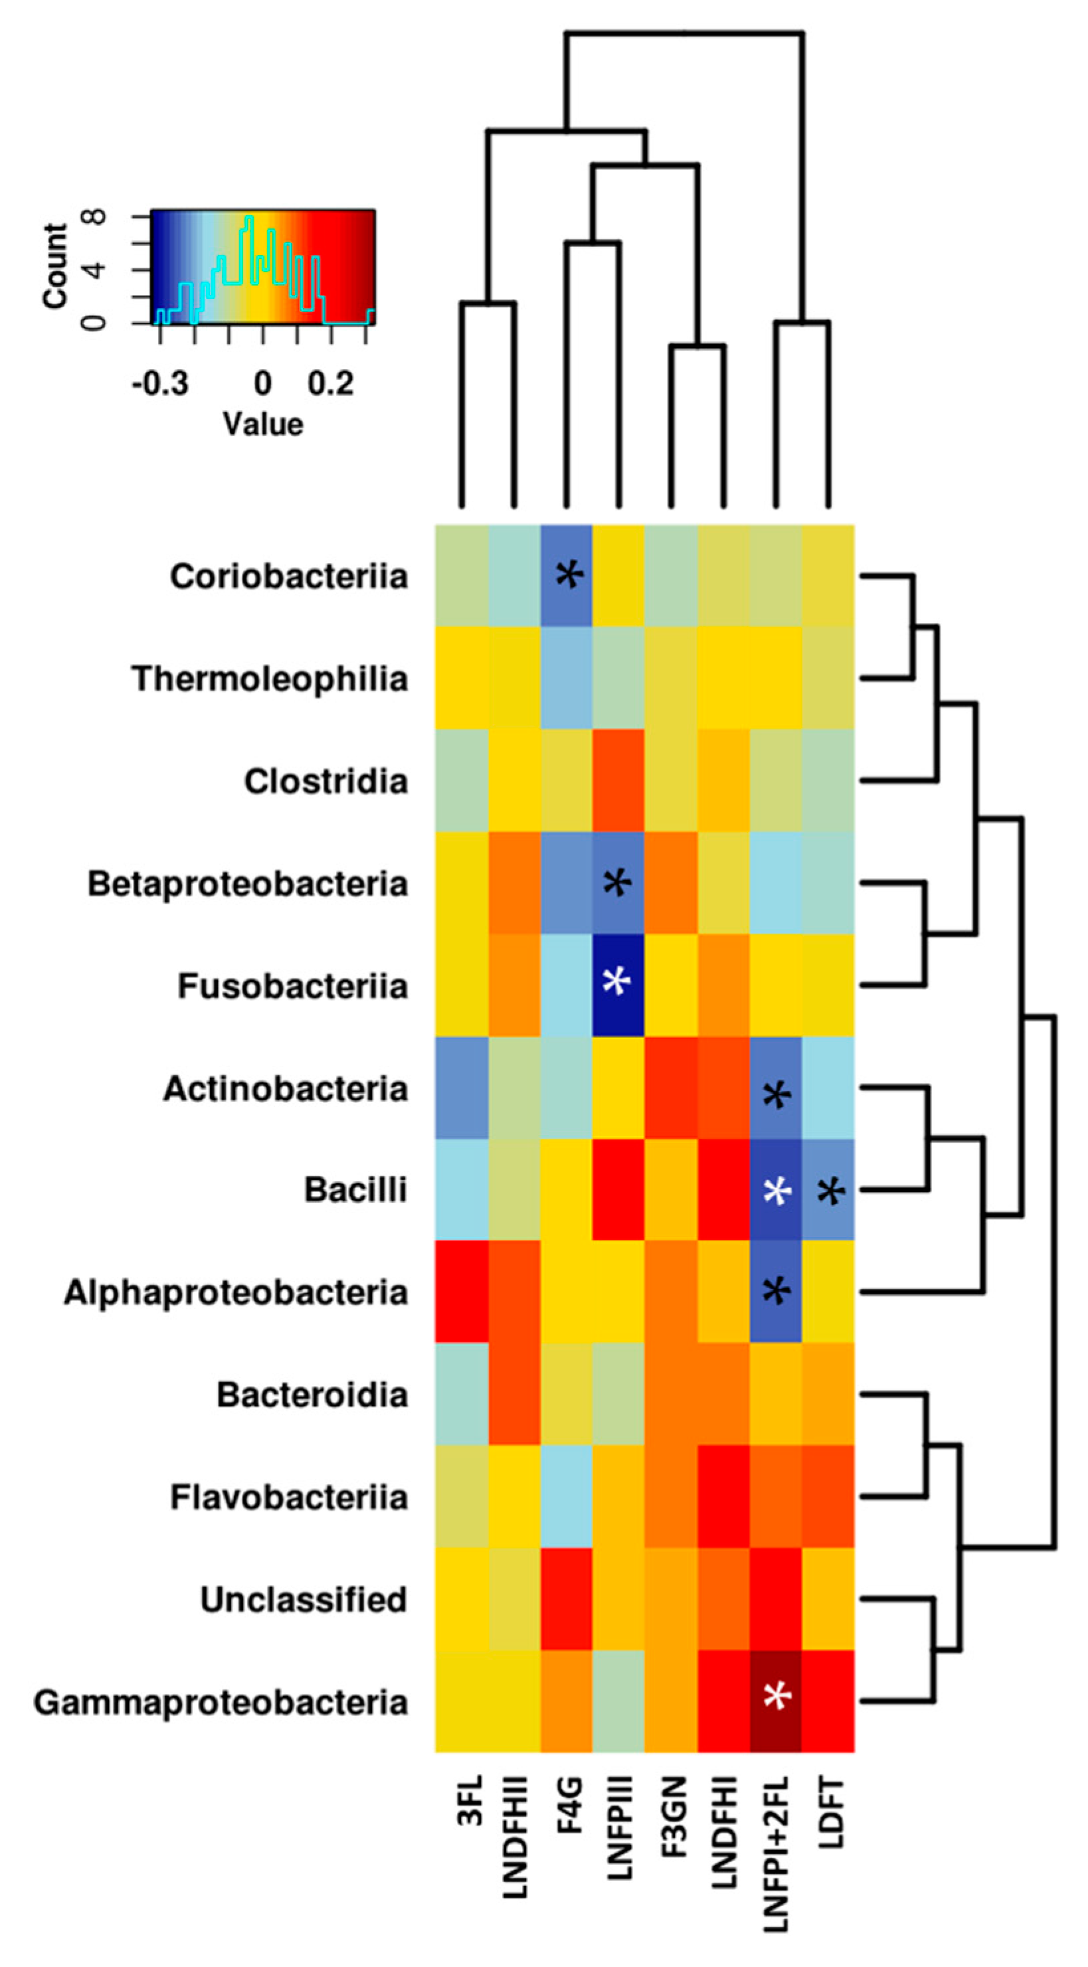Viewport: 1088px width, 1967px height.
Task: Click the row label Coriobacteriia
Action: pyautogui.click(x=289, y=576)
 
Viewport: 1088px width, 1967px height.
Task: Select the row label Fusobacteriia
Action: pyautogui.click(x=292, y=985)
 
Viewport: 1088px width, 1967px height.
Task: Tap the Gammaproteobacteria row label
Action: pyautogui.click(x=221, y=1702)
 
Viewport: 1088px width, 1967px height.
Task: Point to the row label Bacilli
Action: pyautogui.click(x=355, y=1189)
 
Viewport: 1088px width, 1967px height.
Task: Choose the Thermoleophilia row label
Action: pyautogui.click(x=270, y=679)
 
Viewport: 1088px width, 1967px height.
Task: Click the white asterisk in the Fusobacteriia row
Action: pyautogui.click(x=617, y=982)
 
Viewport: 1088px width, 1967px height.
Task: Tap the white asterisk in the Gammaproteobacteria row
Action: pyautogui.click(x=777, y=1697)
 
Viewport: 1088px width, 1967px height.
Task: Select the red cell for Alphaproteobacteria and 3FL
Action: pyautogui.click(x=462, y=1292)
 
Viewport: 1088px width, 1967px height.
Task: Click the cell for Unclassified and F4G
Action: pyautogui.click(x=567, y=1599)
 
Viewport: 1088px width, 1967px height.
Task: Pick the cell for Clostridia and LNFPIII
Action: pyautogui.click(x=618, y=780)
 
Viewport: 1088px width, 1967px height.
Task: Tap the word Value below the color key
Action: pyautogui.click(x=262, y=424)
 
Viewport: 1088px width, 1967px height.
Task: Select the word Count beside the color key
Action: pyautogui.click(x=55, y=266)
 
